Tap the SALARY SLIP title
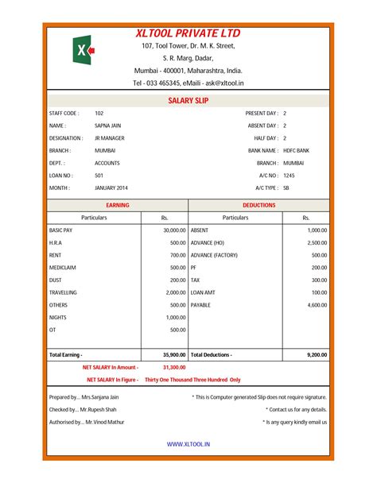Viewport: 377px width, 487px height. coord(188,101)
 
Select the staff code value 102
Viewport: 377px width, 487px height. coord(99,114)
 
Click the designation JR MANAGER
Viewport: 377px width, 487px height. coord(110,138)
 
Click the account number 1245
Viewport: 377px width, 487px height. coord(289,175)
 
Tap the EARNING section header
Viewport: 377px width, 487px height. coord(117,205)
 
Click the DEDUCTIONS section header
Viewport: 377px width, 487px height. coord(259,205)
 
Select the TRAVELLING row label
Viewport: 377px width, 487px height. coord(63,292)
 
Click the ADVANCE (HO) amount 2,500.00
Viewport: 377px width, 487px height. coord(317,242)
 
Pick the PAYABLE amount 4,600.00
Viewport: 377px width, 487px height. coord(317,304)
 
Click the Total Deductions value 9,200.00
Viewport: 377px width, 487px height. coord(317,354)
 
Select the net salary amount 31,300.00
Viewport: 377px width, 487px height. coord(173,367)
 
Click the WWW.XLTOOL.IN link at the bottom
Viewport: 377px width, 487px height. coord(188,446)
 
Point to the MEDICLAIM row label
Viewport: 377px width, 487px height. coord(63,268)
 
